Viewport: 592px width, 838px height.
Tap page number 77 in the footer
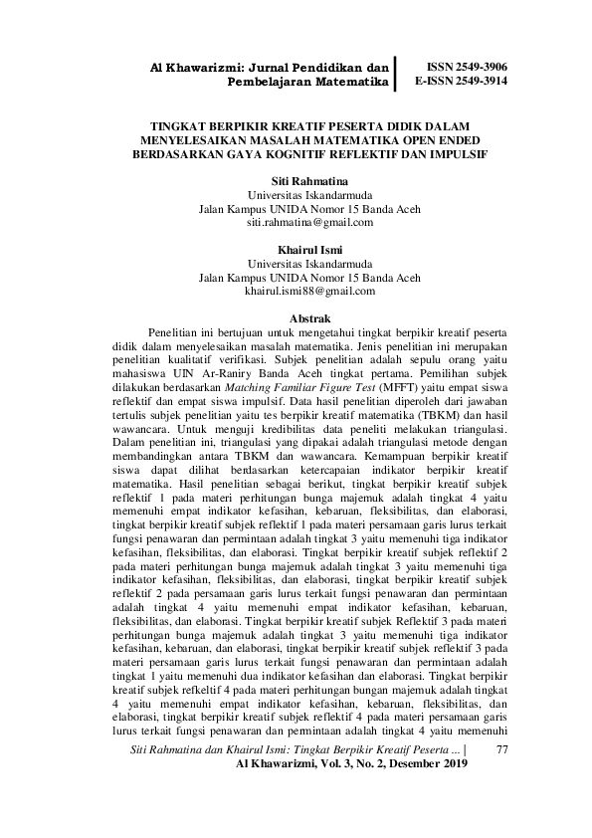tap(500, 747)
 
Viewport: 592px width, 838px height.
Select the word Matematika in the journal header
tap(349, 83)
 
